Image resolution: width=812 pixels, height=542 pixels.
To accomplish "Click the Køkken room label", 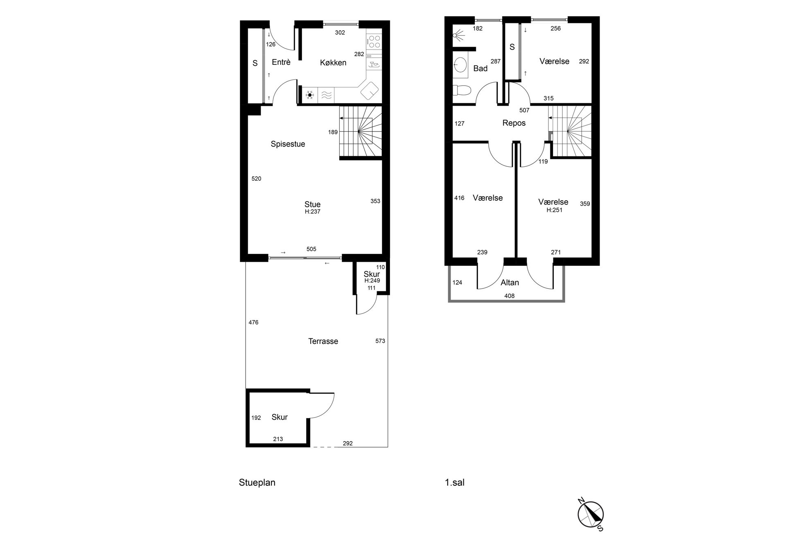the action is click(333, 63).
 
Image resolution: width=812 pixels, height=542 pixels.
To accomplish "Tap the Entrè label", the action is click(281, 62).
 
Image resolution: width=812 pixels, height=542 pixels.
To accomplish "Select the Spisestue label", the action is click(288, 144).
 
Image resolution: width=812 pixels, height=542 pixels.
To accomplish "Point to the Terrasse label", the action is click(323, 341).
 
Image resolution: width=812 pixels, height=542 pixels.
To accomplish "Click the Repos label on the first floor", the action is click(514, 123).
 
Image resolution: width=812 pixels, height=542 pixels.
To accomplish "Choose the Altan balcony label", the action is click(510, 283).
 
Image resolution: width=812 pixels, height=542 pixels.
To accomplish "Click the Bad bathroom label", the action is click(480, 68).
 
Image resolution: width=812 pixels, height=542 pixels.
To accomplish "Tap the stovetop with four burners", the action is click(374, 41).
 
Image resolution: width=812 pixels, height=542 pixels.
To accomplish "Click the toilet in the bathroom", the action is click(462, 90).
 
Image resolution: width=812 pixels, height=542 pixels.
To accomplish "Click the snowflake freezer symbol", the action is click(310, 95).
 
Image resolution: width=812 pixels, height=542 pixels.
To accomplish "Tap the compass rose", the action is click(591, 515).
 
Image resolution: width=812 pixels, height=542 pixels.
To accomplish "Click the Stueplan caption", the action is click(257, 483).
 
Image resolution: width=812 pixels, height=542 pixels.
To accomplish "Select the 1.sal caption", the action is click(455, 483).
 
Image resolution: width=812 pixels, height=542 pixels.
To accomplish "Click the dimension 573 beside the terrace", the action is click(380, 341).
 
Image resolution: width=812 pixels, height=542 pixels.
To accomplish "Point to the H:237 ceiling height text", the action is click(312, 212).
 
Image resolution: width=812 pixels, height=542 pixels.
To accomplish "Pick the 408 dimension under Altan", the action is click(510, 296).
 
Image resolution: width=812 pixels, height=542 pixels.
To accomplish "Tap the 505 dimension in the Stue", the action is click(311, 249).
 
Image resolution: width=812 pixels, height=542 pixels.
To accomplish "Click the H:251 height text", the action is click(555, 210).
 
